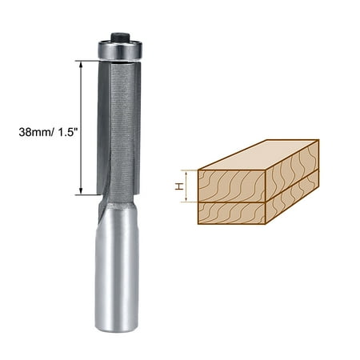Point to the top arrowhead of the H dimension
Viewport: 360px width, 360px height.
[188, 173]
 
